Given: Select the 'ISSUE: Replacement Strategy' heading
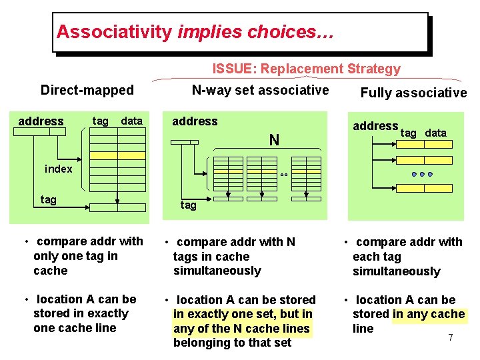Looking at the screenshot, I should pyautogui.click(x=307, y=69).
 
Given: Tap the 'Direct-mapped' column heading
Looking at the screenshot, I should pyautogui.click(x=87, y=90).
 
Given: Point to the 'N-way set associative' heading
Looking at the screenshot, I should pyautogui.click(x=260, y=90).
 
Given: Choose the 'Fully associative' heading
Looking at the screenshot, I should pyautogui.click(x=413, y=93).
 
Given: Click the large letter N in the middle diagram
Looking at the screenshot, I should pyautogui.click(x=274, y=140).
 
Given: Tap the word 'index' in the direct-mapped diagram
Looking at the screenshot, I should pyautogui.click(x=59, y=169).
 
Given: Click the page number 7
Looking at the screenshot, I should pyautogui.click(x=451, y=338).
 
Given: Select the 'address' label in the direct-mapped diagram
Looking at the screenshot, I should pyautogui.click(x=41, y=121).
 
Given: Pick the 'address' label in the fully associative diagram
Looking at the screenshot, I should pyautogui.click(x=375, y=126).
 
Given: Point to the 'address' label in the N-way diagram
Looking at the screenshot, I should pyautogui.click(x=195, y=121).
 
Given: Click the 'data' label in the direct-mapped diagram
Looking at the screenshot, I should pyautogui.click(x=132, y=121).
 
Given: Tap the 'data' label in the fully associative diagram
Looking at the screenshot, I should pyautogui.click(x=436, y=133).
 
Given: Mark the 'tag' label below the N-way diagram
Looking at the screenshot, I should pyautogui.click(x=189, y=205).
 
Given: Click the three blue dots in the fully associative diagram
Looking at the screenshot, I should pyautogui.click(x=422, y=174).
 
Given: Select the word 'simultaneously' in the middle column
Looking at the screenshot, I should pyautogui.click(x=217, y=271).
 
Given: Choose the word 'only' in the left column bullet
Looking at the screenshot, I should pyautogui.click(x=45, y=256).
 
